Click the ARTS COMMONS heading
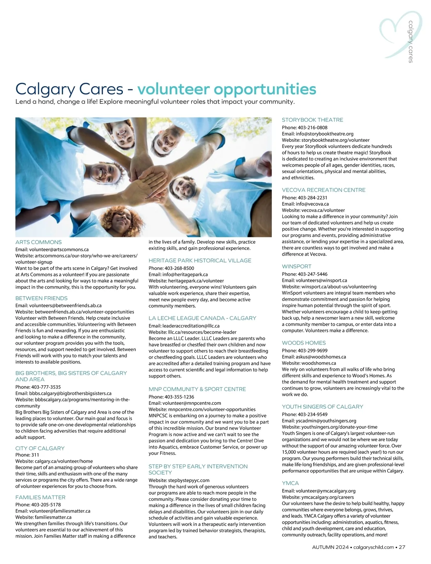tap(38, 242)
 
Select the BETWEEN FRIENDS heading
tap(41, 298)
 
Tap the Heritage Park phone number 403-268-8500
tap(179, 268)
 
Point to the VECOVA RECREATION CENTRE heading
tap(324, 190)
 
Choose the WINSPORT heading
tap(297, 266)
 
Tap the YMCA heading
tap(290, 483)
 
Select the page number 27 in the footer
tap(402, 547)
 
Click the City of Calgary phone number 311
tap(35, 455)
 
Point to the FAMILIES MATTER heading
tap(40, 498)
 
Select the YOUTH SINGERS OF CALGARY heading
tap(322, 407)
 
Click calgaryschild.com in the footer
tap(374, 547)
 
